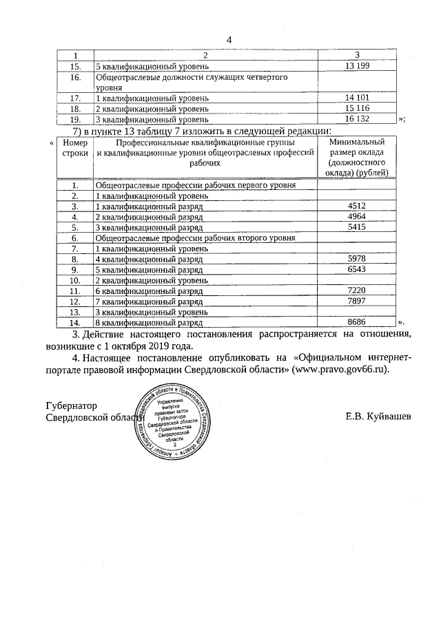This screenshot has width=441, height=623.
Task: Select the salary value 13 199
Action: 357,66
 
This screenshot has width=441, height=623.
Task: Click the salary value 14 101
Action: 357,98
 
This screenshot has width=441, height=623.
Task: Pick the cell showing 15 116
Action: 357,109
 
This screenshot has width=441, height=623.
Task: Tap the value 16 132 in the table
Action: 357,119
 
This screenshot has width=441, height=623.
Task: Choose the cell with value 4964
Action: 356,216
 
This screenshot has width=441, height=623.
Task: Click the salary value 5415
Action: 356,226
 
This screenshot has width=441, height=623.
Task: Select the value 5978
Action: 356,259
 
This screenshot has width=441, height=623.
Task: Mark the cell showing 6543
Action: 356,269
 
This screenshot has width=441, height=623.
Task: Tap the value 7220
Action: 356,291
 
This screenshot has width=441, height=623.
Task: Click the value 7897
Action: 356,301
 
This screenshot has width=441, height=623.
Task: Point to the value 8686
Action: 356,322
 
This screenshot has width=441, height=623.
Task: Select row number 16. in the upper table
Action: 76,77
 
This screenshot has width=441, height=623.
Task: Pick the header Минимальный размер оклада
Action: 357,157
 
